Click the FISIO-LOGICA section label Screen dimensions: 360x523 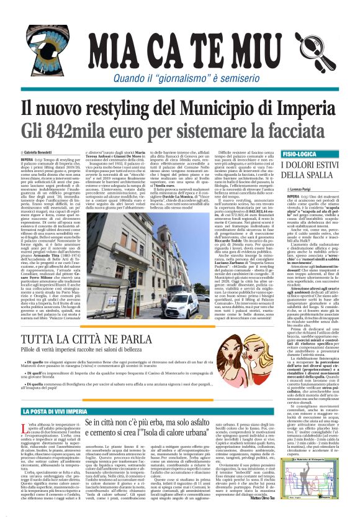[302, 152]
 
